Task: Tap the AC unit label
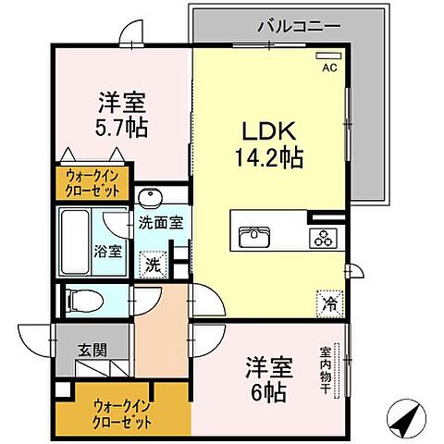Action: click(328, 68)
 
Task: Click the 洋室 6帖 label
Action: click(268, 379)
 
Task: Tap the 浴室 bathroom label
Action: click(108, 251)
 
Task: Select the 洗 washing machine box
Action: click(153, 263)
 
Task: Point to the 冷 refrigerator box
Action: click(330, 300)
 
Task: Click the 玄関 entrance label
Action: click(91, 349)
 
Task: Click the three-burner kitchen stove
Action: click(326, 237)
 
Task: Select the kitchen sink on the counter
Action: click(253, 237)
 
